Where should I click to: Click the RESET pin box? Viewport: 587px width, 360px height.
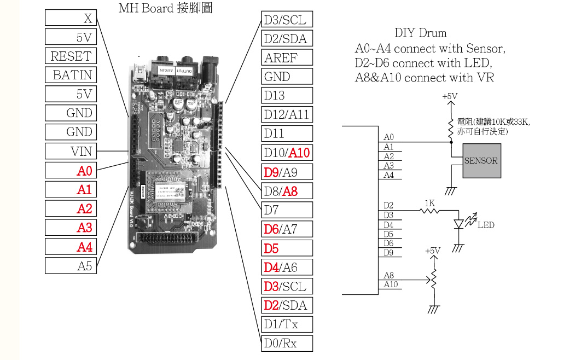pyautogui.click(x=70, y=56)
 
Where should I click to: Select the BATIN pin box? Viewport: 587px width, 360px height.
pyautogui.click(x=70, y=75)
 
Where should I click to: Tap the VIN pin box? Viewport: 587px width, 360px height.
pyautogui.click(x=70, y=150)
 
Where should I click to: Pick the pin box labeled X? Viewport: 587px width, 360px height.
pyautogui.click(x=70, y=18)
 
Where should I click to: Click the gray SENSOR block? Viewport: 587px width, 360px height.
pyautogui.click(x=481, y=161)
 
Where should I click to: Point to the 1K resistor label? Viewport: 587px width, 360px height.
pyautogui.click(x=429, y=203)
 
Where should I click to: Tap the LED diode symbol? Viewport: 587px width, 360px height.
pyautogui.click(x=459, y=223)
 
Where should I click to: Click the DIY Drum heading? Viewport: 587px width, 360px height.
pyautogui.click(x=420, y=33)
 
